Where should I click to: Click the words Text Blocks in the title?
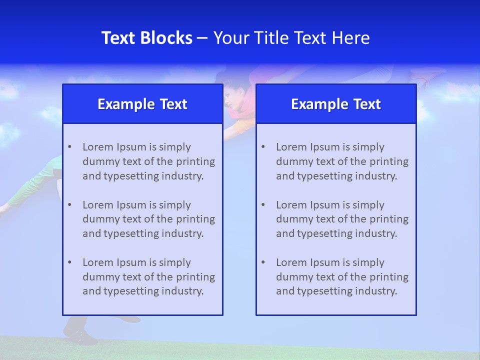click(x=146, y=38)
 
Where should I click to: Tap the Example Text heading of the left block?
click(x=142, y=104)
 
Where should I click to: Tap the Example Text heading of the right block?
click(x=336, y=104)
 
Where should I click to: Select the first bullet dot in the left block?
click(x=69, y=147)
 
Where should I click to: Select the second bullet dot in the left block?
click(x=69, y=205)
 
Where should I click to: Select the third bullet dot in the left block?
click(x=69, y=262)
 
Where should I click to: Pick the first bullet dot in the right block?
click(x=263, y=147)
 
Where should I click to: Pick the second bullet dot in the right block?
click(x=263, y=205)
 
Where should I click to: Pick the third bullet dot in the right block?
click(x=263, y=262)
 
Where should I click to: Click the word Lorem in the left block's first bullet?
click(x=98, y=147)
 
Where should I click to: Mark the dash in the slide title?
click(x=202, y=38)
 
